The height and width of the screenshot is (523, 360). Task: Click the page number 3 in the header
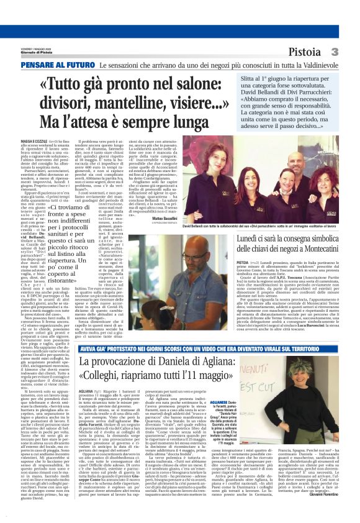tap(352, 52)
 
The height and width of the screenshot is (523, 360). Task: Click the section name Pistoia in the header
tap(322, 52)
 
